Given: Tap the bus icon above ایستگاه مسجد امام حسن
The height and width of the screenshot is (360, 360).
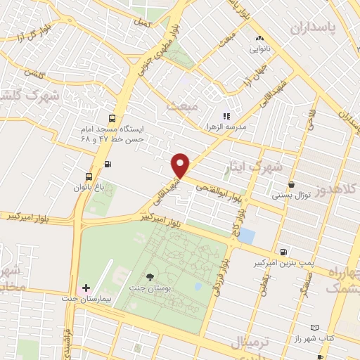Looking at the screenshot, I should (x=112, y=118).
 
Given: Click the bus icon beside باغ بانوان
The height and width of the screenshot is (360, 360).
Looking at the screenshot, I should (x=89, y=176).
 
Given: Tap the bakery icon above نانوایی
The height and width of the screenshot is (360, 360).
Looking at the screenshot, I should (x=260, y=38).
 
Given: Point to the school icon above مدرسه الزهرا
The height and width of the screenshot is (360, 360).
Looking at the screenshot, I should (x=226, y=116).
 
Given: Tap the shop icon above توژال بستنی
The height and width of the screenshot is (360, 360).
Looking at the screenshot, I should (x=290, y=184).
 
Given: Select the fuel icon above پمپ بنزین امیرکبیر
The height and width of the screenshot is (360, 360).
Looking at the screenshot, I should (x=283, y=252).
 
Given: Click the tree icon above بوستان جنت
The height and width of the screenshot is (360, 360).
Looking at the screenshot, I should (x=149, y=277).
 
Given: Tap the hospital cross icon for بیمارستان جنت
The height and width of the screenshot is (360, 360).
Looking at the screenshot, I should (x=86, y=288).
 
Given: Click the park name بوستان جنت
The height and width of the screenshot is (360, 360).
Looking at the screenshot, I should (x=150, y=289).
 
